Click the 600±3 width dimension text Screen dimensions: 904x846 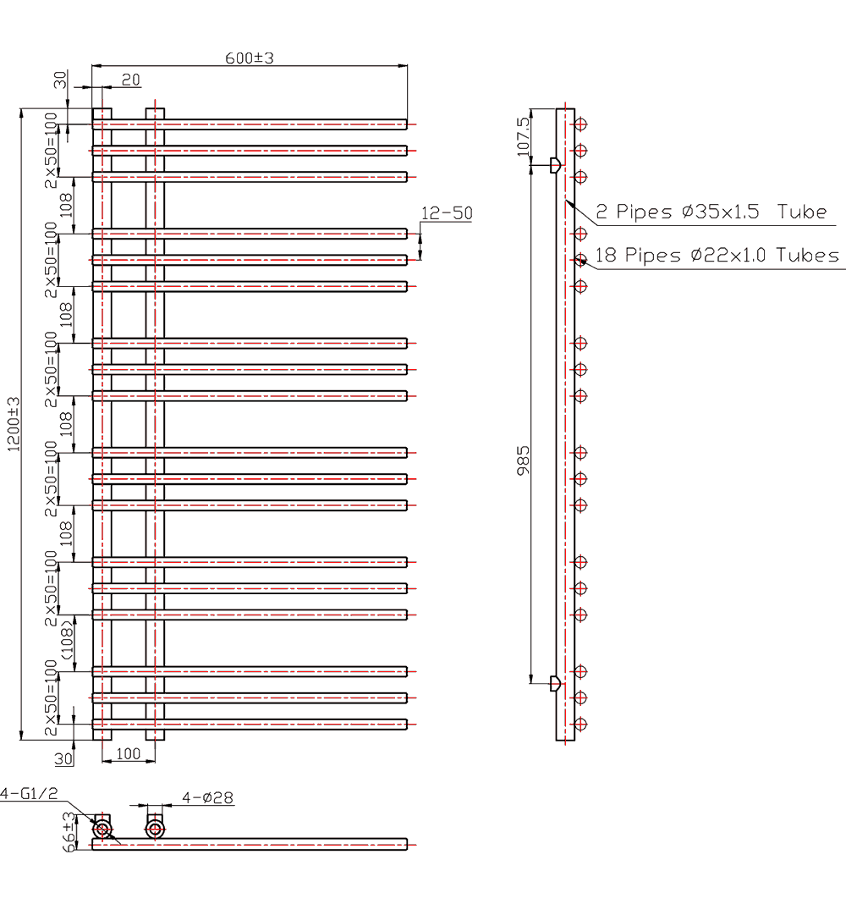point(250,58)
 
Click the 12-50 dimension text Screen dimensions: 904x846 point(446,213)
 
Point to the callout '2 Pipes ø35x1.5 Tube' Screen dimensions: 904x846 point(711,212)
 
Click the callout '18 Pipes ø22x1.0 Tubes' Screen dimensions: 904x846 point(717,255)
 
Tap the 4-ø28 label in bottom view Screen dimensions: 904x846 point(208,797)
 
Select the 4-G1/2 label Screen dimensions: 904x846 point(29,793)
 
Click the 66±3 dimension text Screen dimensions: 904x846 point(69,830)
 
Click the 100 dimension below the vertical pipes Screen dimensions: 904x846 point(128,752)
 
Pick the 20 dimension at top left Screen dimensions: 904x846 point(130,80)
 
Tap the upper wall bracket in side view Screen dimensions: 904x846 point(555,164)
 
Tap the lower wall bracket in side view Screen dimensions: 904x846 point(555,683)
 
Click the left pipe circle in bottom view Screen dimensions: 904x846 point(102,829)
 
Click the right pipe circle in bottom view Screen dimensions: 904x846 point(155,829)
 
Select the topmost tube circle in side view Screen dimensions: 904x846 point(580,124)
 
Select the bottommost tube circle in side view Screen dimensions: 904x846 point(580,725)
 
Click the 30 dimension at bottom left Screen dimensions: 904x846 point(63,758)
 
